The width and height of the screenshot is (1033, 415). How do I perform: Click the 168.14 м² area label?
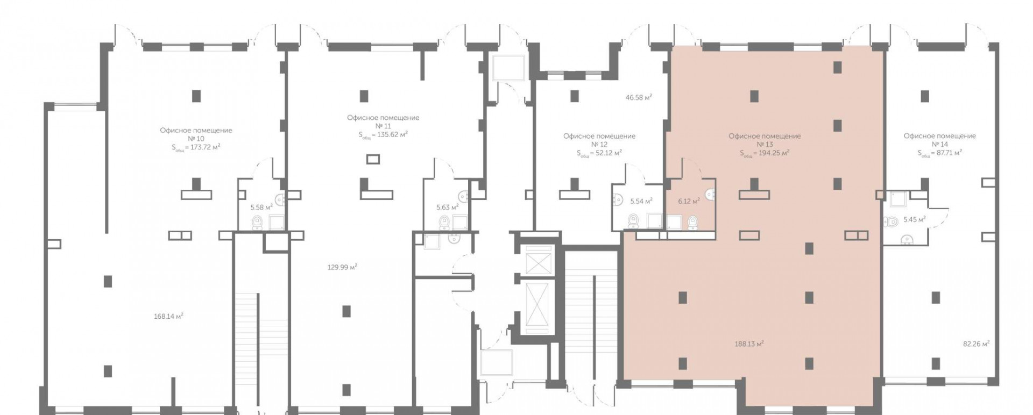(x=168, y=317)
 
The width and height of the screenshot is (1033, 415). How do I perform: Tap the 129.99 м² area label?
(x=343, y=267)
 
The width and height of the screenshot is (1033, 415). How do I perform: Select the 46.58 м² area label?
(x=639, y=98)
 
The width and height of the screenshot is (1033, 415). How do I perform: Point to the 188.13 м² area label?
(x=749, y=344)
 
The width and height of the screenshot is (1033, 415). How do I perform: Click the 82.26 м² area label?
(x=976, y=344)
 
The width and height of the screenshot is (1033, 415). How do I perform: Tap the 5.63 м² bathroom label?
(x=447, y=207)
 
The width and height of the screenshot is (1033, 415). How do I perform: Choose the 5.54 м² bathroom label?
(x=641, y=202)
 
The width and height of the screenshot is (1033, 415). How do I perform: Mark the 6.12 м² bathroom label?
(x=689, y=202)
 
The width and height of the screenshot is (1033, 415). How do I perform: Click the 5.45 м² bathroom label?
(x=915, y=219)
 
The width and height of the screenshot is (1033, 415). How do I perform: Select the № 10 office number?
(x=196, y=139)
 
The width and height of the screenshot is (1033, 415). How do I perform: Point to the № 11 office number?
(x=383, y=126)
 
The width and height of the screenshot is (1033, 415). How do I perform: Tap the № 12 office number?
(x=599, y=145)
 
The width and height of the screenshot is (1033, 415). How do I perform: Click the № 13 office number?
(x=765, y=145)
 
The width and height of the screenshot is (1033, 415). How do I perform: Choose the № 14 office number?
(x=939, y=145)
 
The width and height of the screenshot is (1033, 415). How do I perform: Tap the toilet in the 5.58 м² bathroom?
(x=257, y=221)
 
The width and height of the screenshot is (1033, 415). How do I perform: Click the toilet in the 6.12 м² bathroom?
(x=694, y=221)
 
